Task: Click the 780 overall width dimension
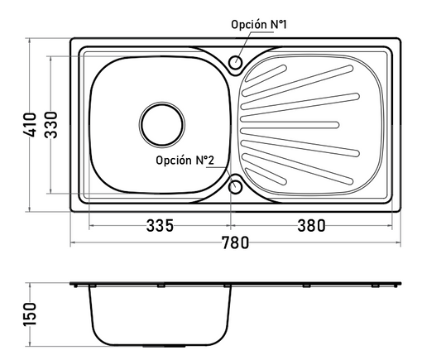236,242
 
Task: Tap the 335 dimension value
160,226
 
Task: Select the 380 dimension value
311,226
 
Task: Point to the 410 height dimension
30,125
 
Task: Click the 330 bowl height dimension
51,125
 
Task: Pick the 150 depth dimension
30,314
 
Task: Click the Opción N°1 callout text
259,25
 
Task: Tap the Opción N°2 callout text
185,161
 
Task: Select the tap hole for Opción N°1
235,62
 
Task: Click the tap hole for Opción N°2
235,187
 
